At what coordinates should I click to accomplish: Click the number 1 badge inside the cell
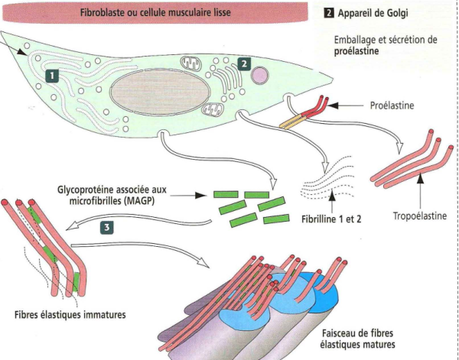tap(51, 76)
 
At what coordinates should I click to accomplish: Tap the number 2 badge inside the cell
tap(243, 64)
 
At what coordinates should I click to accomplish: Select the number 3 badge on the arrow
tap(108, 227)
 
